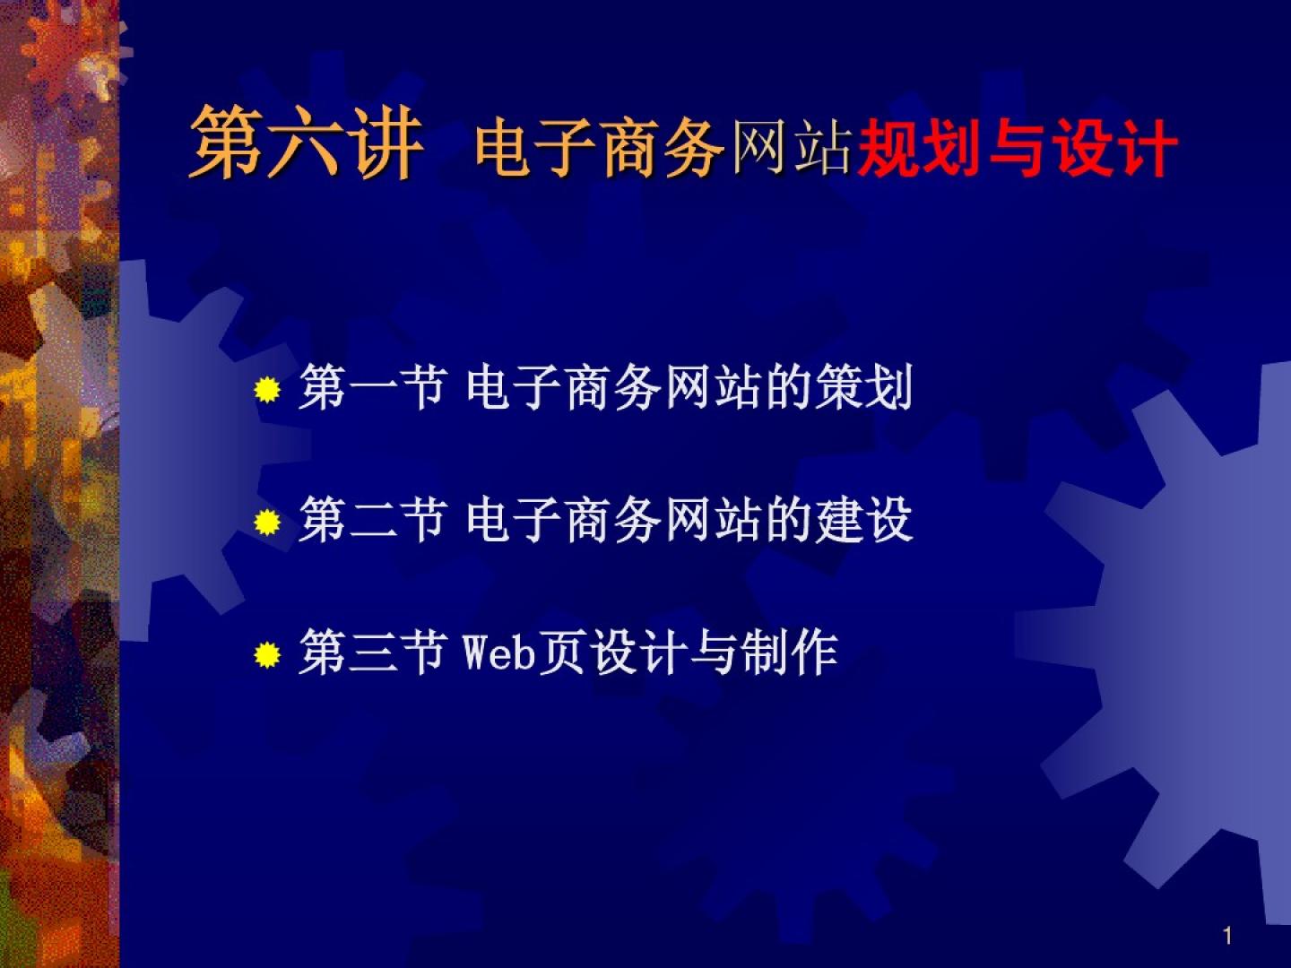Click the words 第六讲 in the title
point(307,143)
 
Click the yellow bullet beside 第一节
point(267,389)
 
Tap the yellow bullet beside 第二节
point(267,522)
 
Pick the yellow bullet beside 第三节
point(267,654)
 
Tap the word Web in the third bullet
point(499,653)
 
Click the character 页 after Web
point(562,653)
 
